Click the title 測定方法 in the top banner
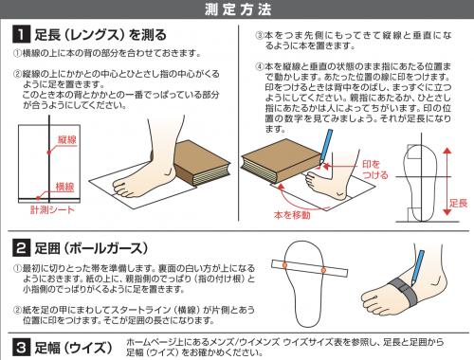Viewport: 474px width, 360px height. (238, 9)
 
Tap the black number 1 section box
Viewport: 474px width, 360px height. (21, 34)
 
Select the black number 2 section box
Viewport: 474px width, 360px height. (21, 248)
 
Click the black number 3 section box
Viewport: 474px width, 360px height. (21, 348)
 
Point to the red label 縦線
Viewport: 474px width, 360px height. (67, 139)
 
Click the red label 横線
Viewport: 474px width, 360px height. (64, 187)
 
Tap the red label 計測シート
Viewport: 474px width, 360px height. (52, 209)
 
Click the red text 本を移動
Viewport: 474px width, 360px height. (292, 215)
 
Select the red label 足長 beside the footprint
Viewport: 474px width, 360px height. (459, 203)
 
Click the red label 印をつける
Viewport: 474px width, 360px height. (374, 170)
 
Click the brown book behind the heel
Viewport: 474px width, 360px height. (202, 163)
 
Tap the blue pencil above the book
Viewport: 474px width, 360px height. (326, 146)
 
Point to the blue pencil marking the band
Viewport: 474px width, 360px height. (417, 269)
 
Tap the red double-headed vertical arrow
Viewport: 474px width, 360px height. (447, 181)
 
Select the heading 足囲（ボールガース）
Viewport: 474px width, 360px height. (91, 248)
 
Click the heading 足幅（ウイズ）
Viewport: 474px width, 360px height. (73, 348)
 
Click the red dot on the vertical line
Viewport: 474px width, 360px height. (49, 153)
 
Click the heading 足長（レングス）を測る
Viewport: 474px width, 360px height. (100, 34)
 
